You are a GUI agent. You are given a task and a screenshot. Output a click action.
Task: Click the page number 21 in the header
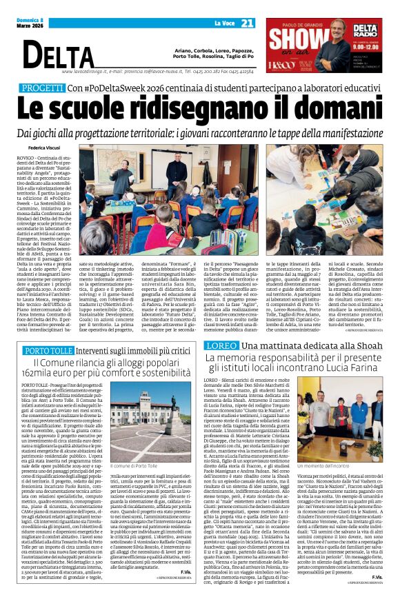246,23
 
